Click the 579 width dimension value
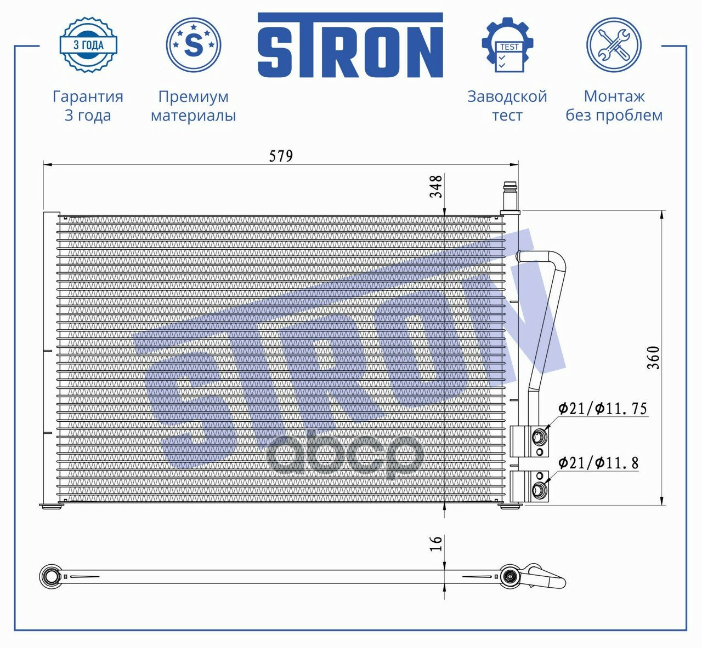tap(281, 156)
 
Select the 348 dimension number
tap(437, 186)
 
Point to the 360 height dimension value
tap(653, 358)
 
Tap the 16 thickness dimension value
tap(437, 543)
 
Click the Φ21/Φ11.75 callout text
tap(602, 409)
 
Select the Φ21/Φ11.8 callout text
tap(598, 463)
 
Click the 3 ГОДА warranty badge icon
tap(88, 45)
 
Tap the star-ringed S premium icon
tap(194, 45)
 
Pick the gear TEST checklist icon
tap(508, 45)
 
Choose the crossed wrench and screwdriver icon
tap(614, 45)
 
